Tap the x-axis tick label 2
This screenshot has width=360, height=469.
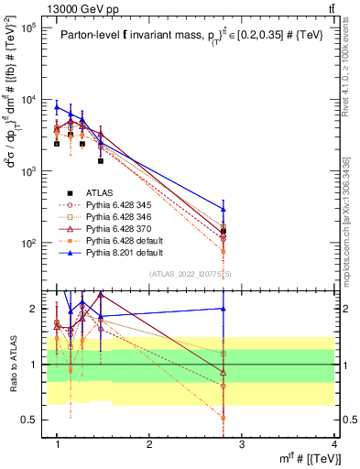click(149, 444)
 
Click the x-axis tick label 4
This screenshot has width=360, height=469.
click(335, 444)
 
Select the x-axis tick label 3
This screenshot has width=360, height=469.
click(242, 444)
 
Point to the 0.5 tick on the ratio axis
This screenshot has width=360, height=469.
click(30, 420)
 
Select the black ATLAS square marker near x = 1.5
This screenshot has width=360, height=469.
click(101, 160)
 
